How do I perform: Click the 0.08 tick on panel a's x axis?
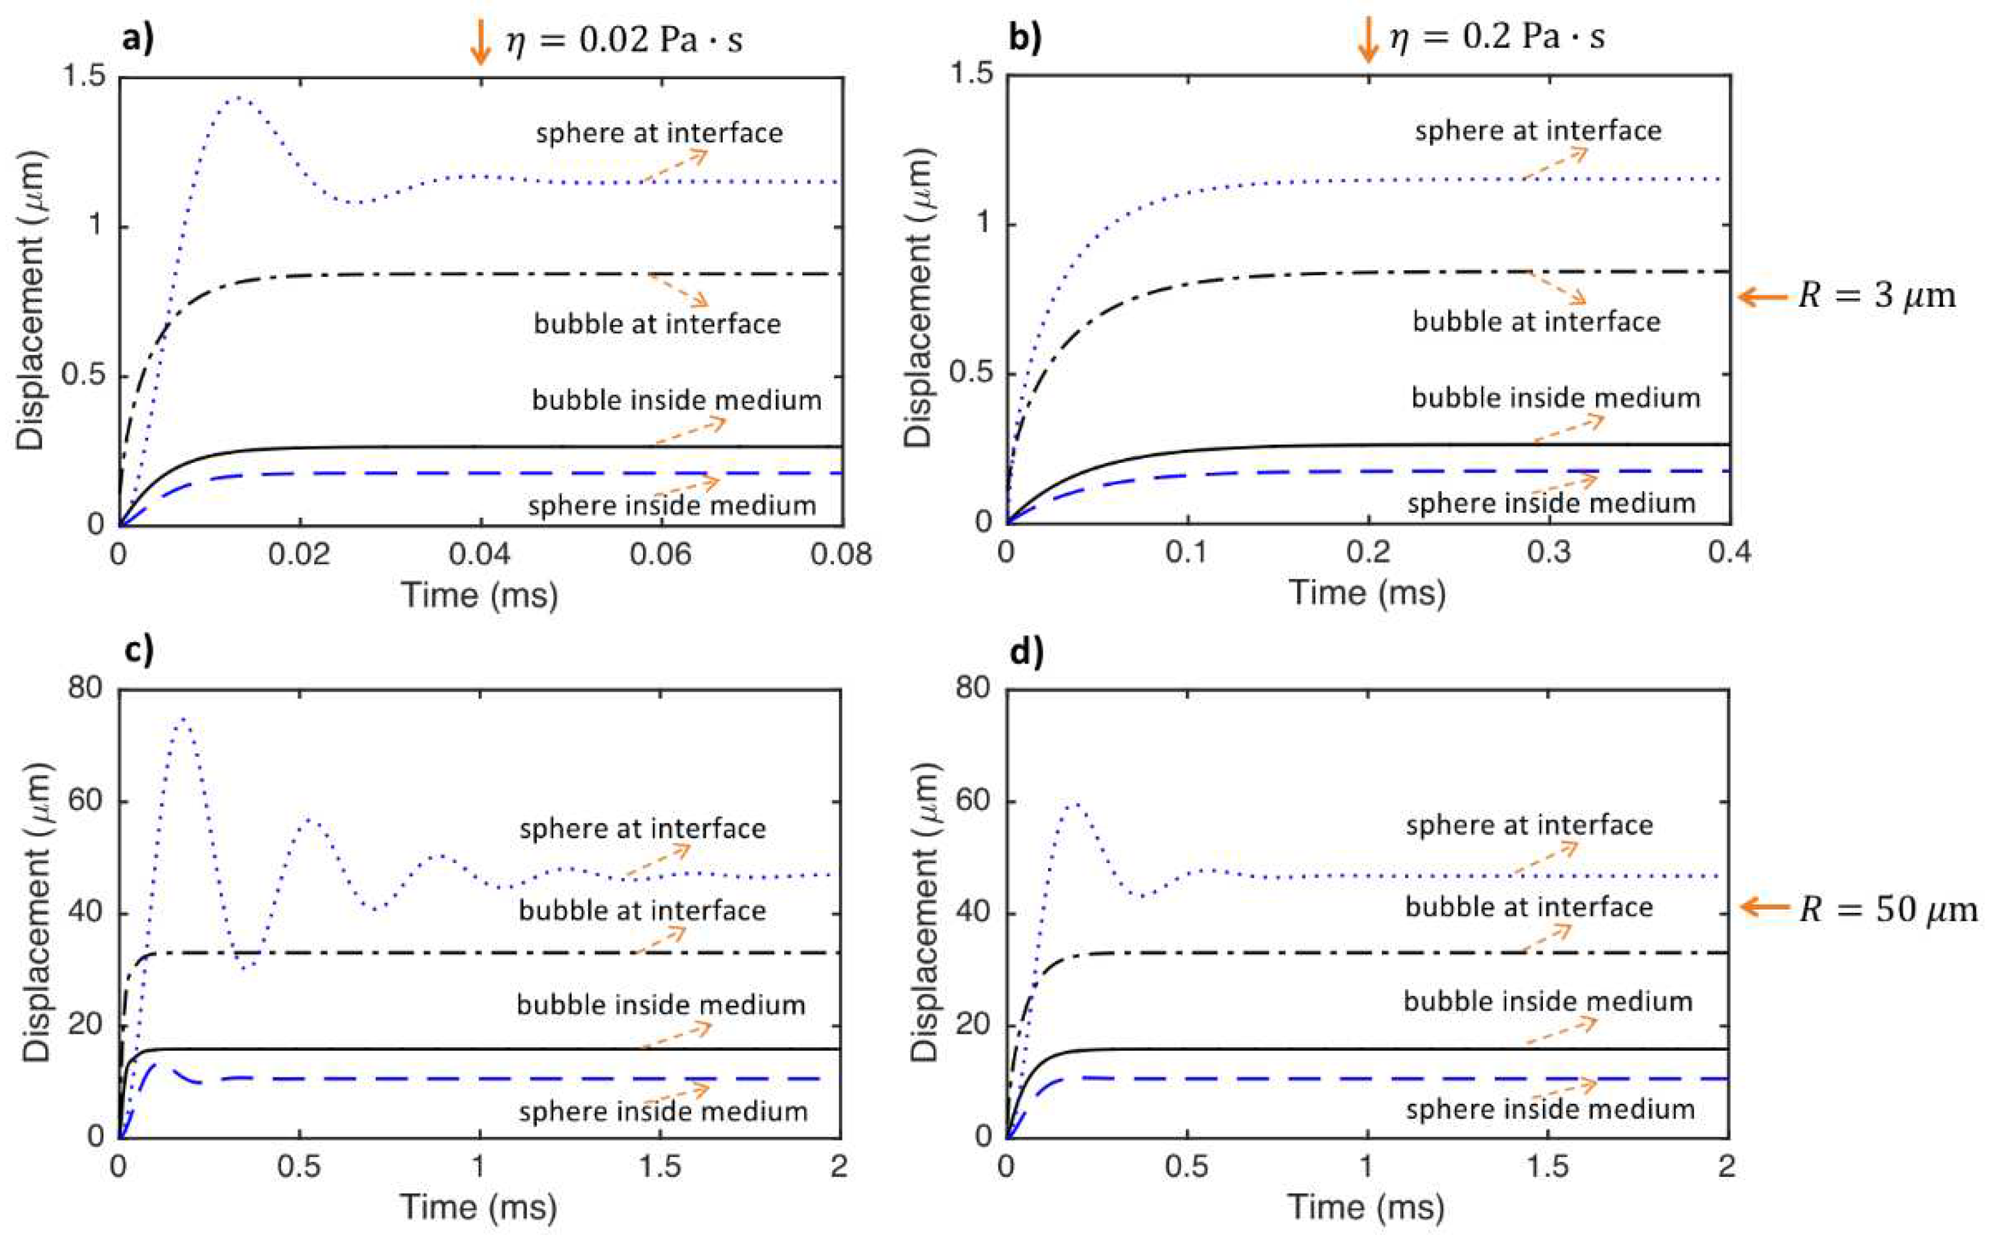pos(841,554)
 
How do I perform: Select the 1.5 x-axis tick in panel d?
pos(1547,1166)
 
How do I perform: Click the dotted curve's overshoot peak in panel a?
pos(237,96)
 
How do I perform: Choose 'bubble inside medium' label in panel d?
pos(1548,1001)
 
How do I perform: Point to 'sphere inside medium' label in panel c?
pos(663,1111)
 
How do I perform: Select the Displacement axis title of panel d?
pos(924,912)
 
